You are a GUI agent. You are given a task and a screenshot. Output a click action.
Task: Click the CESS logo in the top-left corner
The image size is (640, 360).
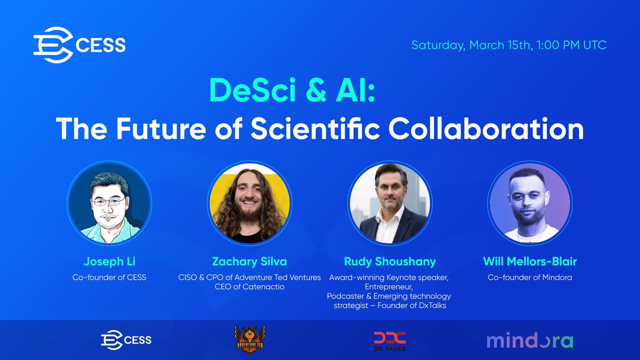(79, 45)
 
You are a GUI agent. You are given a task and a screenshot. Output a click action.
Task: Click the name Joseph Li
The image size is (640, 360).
(109, 261)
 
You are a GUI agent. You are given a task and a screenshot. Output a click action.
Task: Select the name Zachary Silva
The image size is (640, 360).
(250, 261)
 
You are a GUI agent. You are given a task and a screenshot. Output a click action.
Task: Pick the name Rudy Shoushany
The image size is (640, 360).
(390, 261)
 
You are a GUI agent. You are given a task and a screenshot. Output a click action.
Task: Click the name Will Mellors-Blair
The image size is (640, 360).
(530, 261)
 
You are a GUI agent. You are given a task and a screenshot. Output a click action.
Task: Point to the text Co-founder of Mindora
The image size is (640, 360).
(530, 277)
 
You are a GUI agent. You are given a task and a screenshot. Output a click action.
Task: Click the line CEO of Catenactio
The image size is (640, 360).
(250, 286)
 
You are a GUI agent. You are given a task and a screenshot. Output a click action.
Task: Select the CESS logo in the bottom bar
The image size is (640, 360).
(126, 340)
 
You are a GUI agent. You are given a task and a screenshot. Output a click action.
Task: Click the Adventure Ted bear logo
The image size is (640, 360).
(250, 340)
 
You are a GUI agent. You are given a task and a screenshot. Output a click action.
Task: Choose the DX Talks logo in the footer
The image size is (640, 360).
(389, 340)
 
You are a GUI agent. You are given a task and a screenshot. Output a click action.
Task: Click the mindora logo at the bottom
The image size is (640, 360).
(530, 340)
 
